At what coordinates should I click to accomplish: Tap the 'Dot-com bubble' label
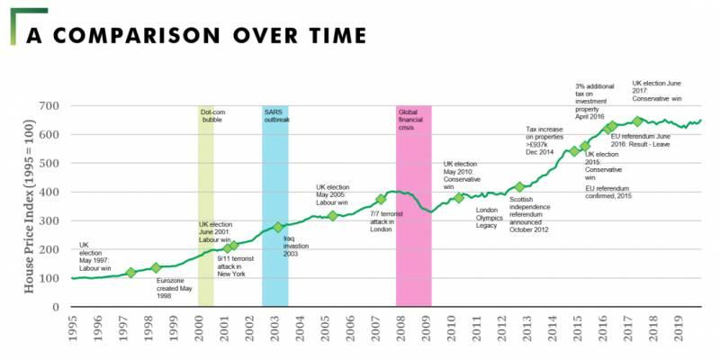pos(211,115)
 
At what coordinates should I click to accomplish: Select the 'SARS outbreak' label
pos(276,115)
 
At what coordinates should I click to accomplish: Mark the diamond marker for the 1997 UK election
pos(130,273)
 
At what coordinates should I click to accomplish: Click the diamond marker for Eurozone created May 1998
pos(156,267)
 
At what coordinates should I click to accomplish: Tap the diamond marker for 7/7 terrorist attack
pos(381,200)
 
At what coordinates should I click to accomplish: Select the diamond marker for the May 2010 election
pos(458,198)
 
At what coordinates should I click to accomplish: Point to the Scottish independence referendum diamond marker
pos(519,187)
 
